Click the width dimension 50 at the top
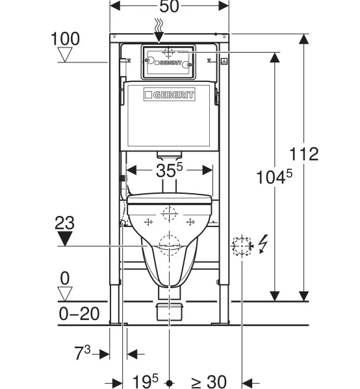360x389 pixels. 169,7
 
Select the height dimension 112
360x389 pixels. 304,154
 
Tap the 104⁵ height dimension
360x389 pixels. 274,177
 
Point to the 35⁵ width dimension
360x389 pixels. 169,170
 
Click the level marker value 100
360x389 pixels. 65,38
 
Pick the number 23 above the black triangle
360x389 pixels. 64,222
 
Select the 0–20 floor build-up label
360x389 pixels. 79,314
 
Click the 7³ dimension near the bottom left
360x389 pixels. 83,353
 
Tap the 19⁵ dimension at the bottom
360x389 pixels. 145,382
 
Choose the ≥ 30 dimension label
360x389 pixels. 209,382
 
